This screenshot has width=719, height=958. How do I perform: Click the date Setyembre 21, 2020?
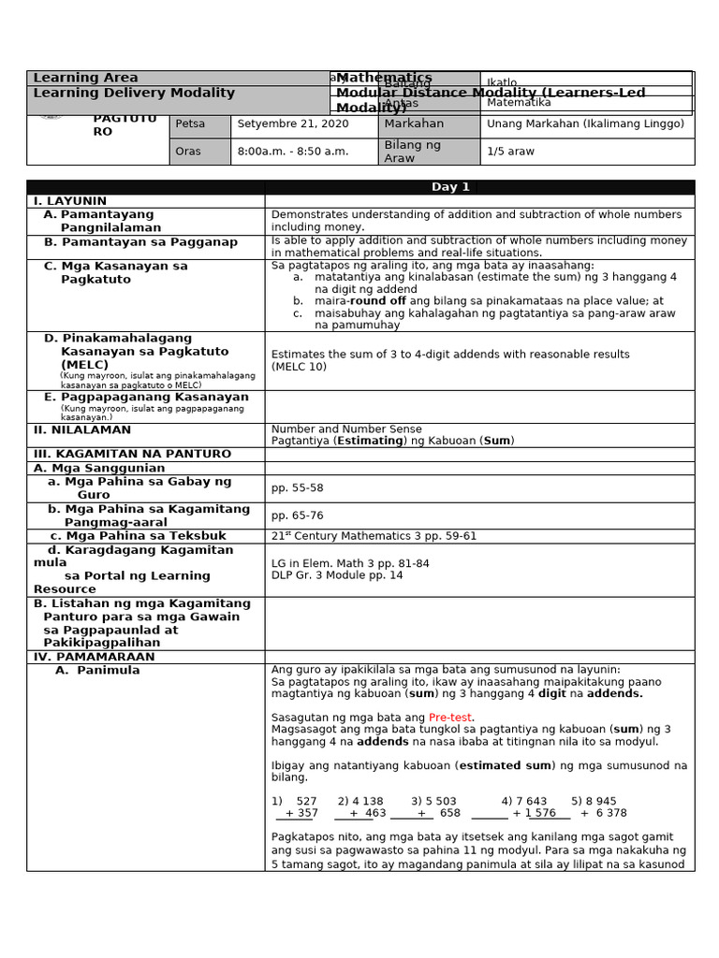click(293, 123)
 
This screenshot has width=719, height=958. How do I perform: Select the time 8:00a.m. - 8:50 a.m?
click(293, 152)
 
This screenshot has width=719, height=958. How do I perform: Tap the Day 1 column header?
click(450, 187)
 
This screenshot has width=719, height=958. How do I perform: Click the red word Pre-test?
click(450, 717)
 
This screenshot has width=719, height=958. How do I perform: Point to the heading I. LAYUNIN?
click(70, 201)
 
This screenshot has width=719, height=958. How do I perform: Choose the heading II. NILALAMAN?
click(82, 429)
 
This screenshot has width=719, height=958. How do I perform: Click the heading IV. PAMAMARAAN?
click(95, 657)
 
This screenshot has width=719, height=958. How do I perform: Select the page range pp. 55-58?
click(297, 488)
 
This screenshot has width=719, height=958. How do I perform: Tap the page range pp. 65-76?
click(297, 515)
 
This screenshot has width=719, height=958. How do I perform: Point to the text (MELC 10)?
click(299, 368)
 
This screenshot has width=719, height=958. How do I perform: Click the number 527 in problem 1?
click(306, 801)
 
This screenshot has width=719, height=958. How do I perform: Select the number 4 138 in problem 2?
click(367, 801)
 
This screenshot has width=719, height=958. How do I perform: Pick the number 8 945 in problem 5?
click(600, 801)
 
